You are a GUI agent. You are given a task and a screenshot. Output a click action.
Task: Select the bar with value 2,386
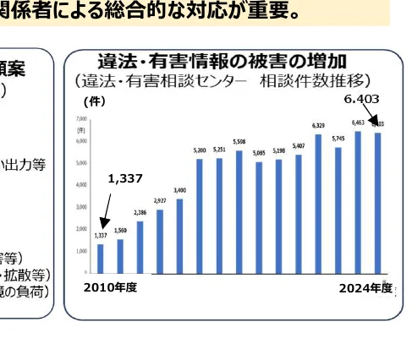point(140,247)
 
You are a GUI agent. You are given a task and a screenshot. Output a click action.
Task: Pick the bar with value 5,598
point(239,212)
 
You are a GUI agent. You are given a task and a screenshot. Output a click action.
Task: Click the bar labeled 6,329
point(318,204)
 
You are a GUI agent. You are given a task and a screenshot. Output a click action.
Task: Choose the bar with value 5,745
point(338,210)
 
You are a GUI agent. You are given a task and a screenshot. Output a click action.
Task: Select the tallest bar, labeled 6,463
point(358,202)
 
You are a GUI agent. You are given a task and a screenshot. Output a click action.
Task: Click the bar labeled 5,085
point(259,217)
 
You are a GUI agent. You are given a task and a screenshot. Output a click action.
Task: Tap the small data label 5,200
point(200,150)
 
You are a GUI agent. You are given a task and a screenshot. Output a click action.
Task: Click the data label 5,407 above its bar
point(299,146)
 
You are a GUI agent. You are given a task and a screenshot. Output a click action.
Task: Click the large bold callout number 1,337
point(125,178)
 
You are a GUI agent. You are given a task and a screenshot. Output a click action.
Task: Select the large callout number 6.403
point(361,99)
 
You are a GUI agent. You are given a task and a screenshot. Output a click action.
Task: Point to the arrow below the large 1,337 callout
point(105,211)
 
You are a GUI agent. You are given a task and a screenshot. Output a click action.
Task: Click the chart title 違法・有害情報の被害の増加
point(223,62)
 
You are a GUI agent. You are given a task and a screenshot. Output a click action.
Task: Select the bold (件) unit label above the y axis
point(93,101)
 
